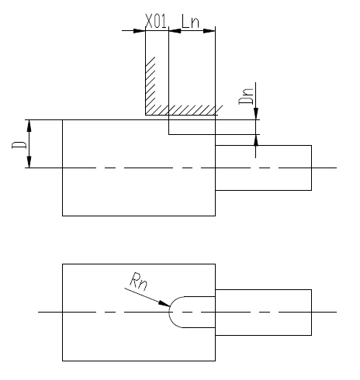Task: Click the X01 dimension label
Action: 156,21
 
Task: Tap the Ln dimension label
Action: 190,21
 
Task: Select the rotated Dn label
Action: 246,96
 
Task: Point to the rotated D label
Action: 19,145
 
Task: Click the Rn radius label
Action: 139,282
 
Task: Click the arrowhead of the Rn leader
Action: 164,304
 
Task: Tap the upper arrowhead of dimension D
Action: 29,126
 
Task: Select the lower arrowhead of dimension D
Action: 29,162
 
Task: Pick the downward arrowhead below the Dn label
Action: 256,114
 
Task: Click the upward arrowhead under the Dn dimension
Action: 256,140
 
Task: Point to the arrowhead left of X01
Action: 140,31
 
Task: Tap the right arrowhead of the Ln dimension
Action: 209,31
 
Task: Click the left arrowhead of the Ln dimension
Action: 175,31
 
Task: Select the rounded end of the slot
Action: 169,312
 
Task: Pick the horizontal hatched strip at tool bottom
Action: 184,110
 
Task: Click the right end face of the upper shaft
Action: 311,168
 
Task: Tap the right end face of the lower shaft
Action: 311,313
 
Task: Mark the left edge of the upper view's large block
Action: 62,168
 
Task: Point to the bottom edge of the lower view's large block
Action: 139,361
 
